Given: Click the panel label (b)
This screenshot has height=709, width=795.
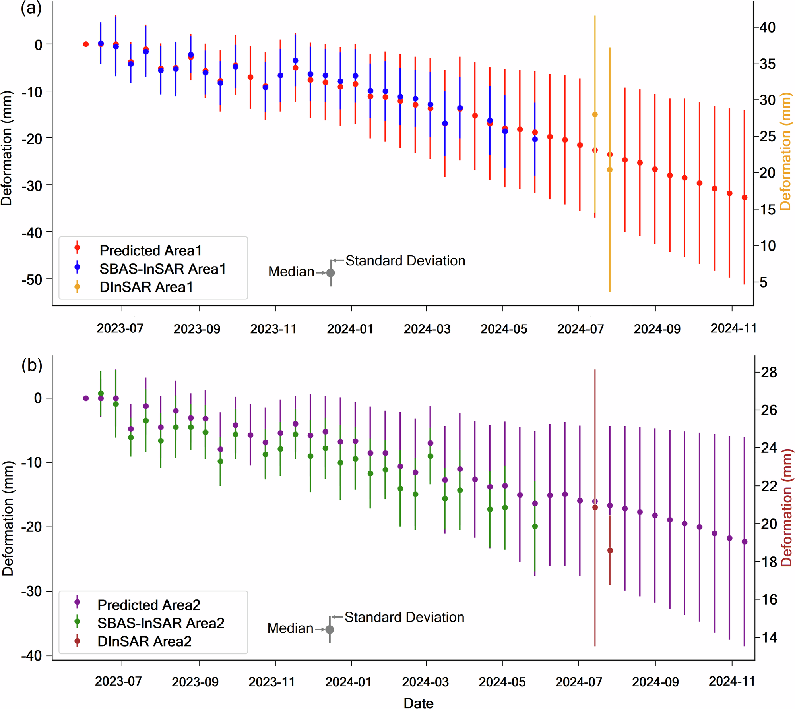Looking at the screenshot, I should tap(32, 365).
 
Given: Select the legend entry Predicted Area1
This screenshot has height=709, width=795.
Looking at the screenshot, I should tap(150, 251).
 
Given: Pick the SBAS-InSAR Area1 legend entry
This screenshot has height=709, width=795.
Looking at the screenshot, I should tap(162, 269).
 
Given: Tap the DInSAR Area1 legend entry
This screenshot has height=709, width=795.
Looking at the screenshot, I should tap(146, 287).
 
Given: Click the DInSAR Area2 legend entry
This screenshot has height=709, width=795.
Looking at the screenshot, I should tap(144, 641).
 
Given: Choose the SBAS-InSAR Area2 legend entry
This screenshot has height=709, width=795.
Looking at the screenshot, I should tap(161, 623).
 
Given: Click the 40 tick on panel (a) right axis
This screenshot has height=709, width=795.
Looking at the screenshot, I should tap(768, 28).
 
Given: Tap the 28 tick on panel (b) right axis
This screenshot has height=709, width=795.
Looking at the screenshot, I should tap(769, 373).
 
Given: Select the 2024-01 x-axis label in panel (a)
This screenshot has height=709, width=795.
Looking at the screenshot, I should tap(350, 329).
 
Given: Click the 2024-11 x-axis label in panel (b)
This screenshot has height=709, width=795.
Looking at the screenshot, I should tap(732, 682).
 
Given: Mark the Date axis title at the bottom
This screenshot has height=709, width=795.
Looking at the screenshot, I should tap(418, 703).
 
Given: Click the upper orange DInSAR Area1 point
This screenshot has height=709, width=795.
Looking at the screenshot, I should tap(595, 114).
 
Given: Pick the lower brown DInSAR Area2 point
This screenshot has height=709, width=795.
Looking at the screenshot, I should tap(610, 551).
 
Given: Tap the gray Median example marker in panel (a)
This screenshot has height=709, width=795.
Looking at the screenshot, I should tap(330, 273).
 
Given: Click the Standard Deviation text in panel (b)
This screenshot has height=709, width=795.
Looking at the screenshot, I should tap(404, 617).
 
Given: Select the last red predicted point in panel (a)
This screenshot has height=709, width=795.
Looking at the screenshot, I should tap(745, 197).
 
